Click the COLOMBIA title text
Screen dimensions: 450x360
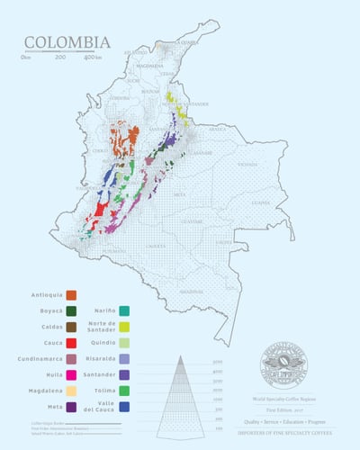(x=67, y=42)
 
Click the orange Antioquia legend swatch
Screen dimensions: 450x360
(x=71, y=295)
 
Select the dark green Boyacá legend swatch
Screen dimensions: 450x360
(x=71, y=310)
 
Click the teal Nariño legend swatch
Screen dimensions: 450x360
(x=123, y=310)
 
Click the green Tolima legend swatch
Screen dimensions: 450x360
(x=123, y=390)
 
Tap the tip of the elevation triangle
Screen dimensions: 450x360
(x=180, y=356)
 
